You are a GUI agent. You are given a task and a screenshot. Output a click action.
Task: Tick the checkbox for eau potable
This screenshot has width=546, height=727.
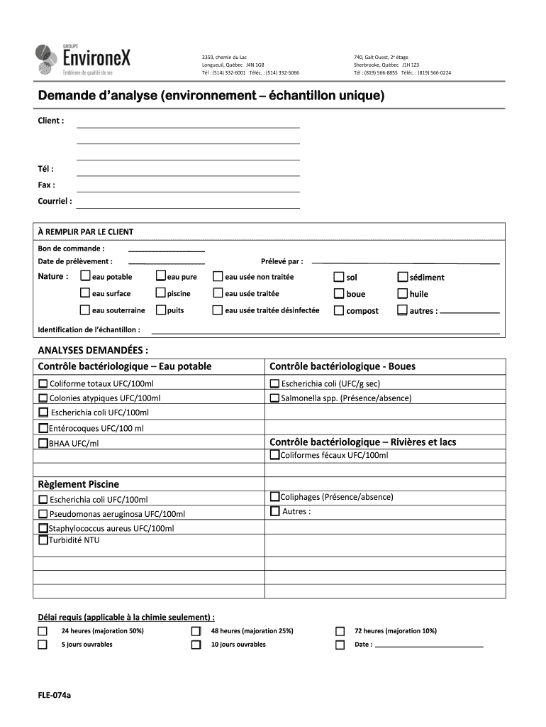(x=85, y=276)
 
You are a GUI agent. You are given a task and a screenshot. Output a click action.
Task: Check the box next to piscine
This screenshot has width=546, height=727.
(x=161, y=293)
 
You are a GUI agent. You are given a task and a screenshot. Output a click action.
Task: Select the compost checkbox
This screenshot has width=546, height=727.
(x=339, y=310)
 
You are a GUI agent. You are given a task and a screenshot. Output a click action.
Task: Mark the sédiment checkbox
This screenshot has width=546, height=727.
(x=403, y=277)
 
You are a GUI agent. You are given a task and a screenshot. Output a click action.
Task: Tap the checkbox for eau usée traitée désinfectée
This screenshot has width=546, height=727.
(x=218, y=310)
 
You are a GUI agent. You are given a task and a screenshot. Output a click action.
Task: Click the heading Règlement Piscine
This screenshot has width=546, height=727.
(x=78, y=484)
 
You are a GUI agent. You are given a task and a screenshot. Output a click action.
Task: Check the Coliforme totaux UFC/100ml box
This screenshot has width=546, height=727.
(x=43, y=384)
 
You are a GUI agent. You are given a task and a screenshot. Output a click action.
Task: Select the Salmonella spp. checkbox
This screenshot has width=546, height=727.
(x=274, y=398)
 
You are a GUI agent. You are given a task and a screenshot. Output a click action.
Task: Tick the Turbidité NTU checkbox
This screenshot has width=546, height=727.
(x=43, y=540)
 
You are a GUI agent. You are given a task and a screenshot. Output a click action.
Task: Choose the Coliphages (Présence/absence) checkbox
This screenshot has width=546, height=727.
(x=274, y=497)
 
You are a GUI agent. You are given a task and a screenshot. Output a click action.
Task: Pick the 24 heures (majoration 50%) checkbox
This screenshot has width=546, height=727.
(x=43, y=630)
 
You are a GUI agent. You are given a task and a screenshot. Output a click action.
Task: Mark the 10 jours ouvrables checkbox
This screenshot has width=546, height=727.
(x=196, y=645)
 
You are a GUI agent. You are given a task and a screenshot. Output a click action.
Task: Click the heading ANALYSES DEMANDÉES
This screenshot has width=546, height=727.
(x=93, y=350)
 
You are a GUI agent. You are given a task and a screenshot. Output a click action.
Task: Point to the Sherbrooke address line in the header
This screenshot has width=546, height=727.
(x=386, y=65)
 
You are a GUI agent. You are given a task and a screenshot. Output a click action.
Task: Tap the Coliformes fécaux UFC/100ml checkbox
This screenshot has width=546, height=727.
(x=274, y=455)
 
